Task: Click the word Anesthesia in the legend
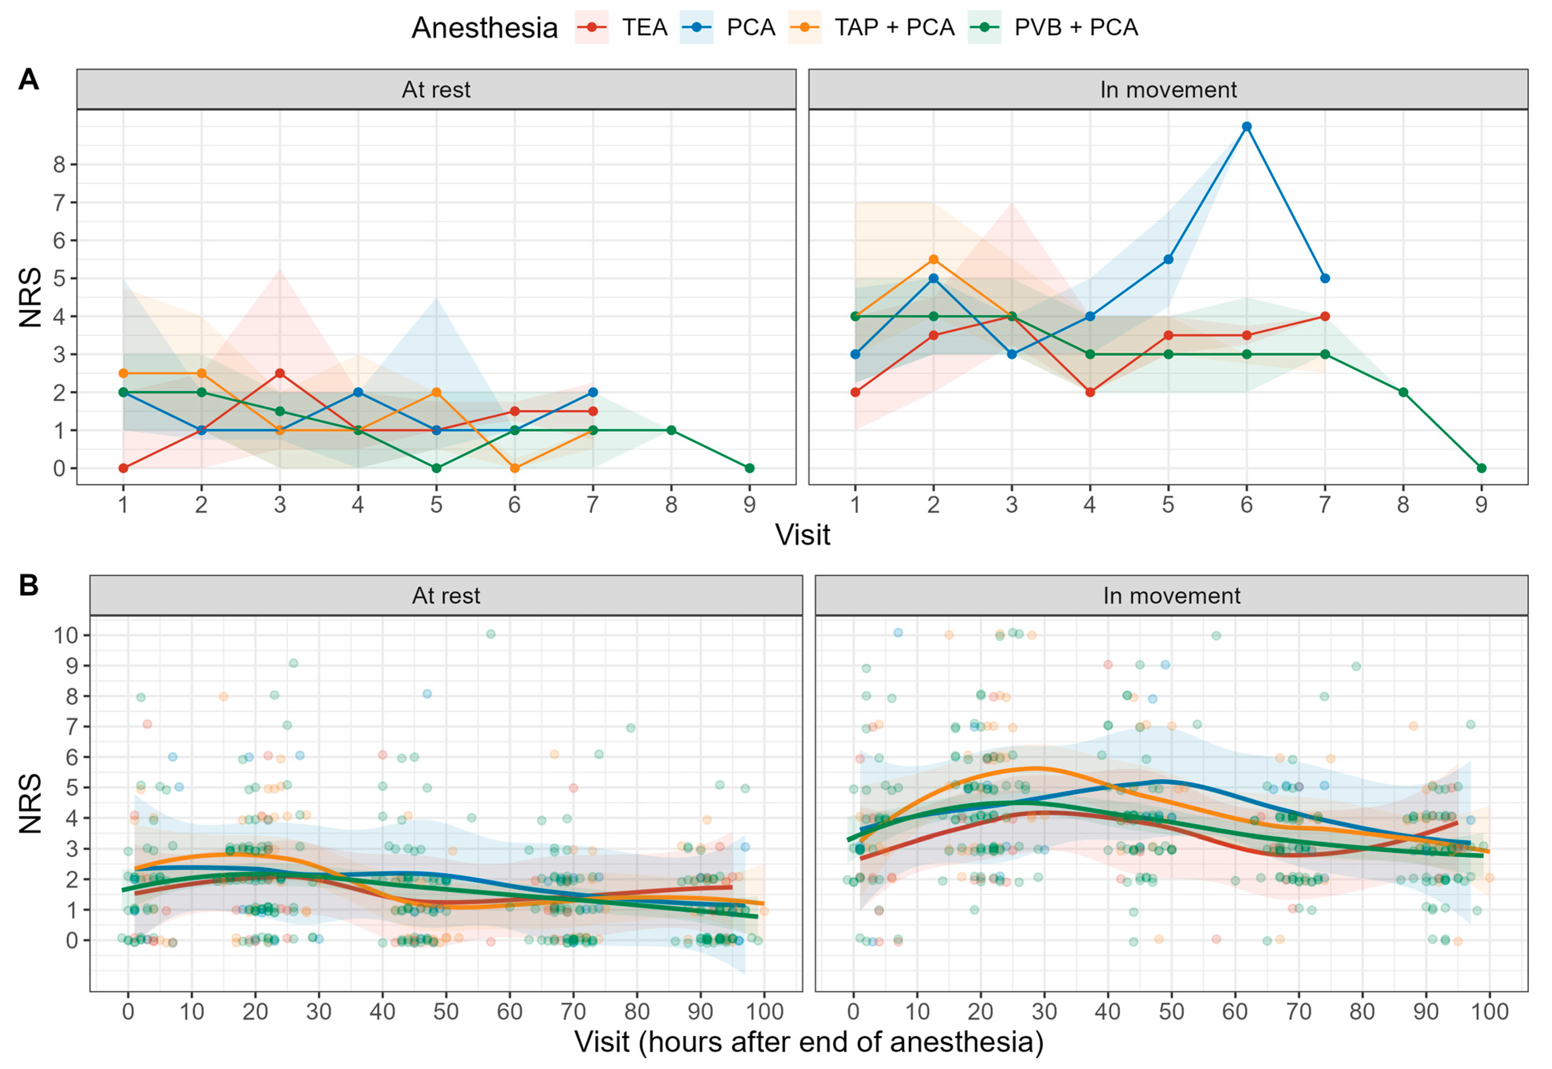(484, 28)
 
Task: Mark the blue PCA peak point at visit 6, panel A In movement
(1246, 127)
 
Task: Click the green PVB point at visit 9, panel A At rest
(749, 468)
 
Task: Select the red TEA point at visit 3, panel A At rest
(280, 373)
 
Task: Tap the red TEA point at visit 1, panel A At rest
(123, 468)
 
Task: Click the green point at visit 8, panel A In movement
(1403, 393)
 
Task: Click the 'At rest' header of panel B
(446, 595)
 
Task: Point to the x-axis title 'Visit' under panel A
(803, 535)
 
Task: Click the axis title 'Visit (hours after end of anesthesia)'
(808, 1042)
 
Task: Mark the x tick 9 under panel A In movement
(1482, 504)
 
